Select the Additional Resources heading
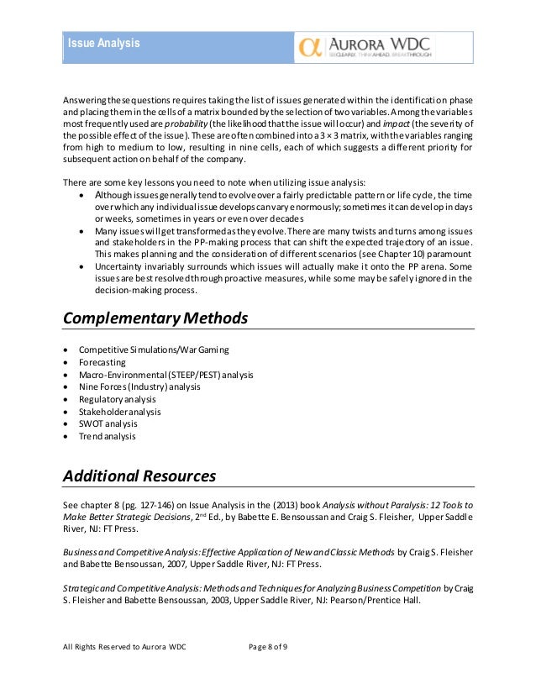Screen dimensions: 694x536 (139, 476)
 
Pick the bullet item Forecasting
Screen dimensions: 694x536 (103, 361)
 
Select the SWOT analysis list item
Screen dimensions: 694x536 (108, 424)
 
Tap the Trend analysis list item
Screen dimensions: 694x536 (108, 437)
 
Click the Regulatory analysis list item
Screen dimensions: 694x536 (118, 399)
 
